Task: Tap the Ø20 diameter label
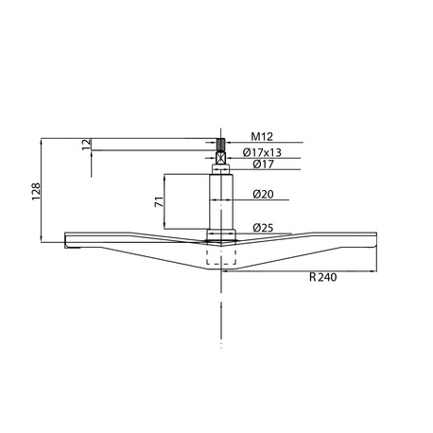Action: pos(263,195)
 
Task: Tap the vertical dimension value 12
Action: pos(87,146)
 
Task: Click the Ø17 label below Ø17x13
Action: pos(263,165)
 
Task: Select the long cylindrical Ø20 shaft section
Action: pos(221,200)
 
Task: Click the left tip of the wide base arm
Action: pos(63,237)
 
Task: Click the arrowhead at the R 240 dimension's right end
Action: pos(373,269)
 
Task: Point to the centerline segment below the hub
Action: pos(221,303)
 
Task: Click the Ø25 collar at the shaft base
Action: pos(221,233)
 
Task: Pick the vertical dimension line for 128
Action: pos(43,189)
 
